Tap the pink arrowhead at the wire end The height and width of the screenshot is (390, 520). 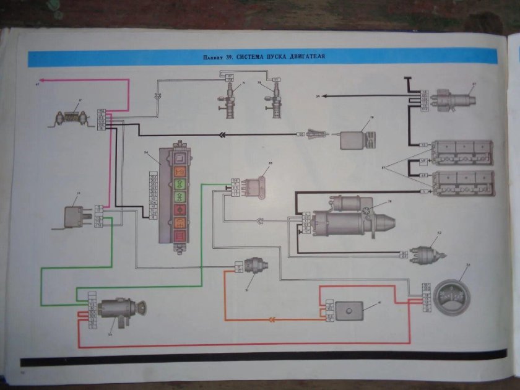coord(41,80)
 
